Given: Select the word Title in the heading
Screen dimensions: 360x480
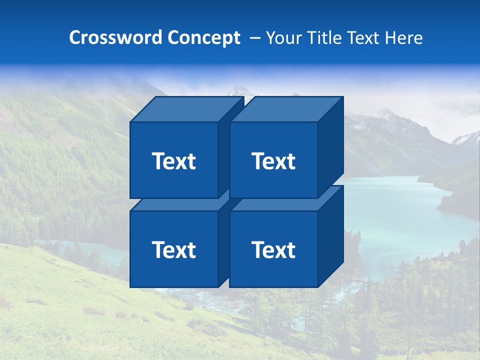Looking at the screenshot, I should click(x=323, y=37).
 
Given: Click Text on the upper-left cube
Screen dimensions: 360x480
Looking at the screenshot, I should click(x=174, y=161).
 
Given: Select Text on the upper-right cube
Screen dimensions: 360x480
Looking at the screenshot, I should click(x=273, y=161).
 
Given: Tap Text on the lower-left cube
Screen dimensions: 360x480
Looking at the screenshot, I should click(x=174, y=250).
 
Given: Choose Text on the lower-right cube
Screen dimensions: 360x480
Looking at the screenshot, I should click(x=273, y=250).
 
